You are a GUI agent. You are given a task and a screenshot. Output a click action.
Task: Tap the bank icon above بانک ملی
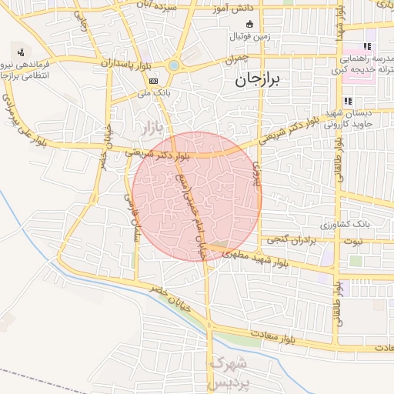pos(153,80)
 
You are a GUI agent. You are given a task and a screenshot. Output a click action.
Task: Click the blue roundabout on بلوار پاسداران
pos(173,66)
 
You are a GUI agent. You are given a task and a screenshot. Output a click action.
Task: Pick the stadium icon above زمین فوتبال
pos(248,22)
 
